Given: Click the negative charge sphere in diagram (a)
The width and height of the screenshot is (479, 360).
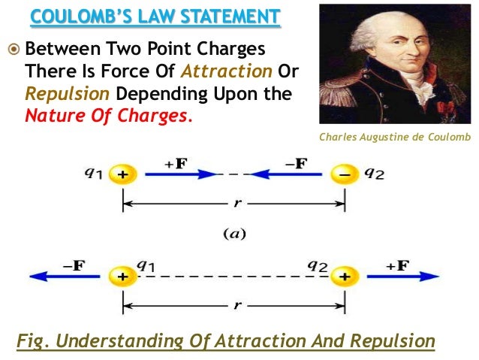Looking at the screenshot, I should click(x=344, y=176).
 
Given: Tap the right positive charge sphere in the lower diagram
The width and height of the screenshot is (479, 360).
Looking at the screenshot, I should click(x=343, y=277).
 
